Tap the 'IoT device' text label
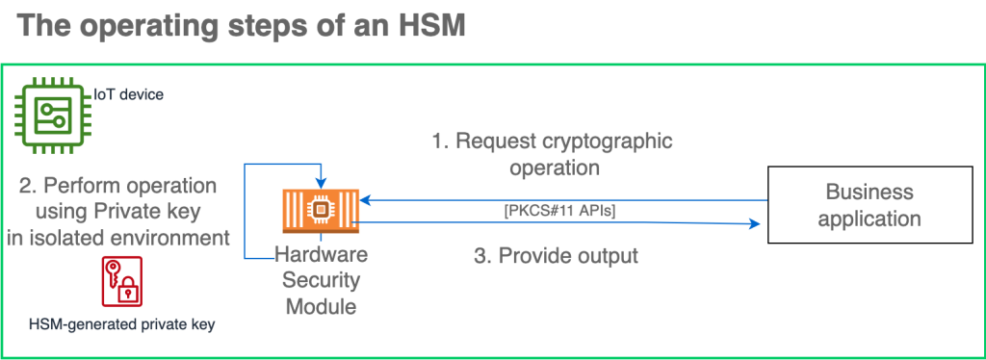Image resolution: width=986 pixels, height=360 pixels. click(128, 94)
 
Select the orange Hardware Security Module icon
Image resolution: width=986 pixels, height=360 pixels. click(318, 213)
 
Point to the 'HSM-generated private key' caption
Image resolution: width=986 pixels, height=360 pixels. click(122, 324)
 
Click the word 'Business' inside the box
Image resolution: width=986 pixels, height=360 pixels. click(869, 192)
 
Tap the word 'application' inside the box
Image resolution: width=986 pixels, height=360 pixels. click(869, 219)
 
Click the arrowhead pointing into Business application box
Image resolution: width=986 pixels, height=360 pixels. click(755, 224)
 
